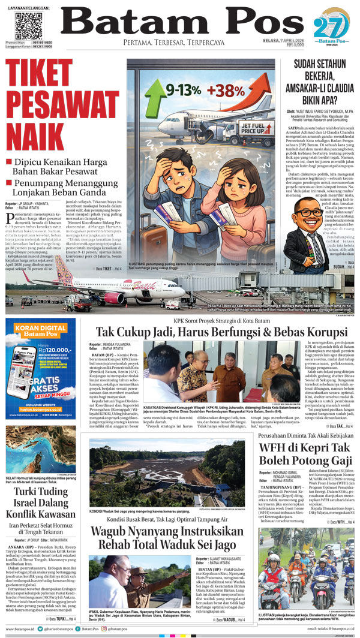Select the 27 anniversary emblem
(x=332, y=27)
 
